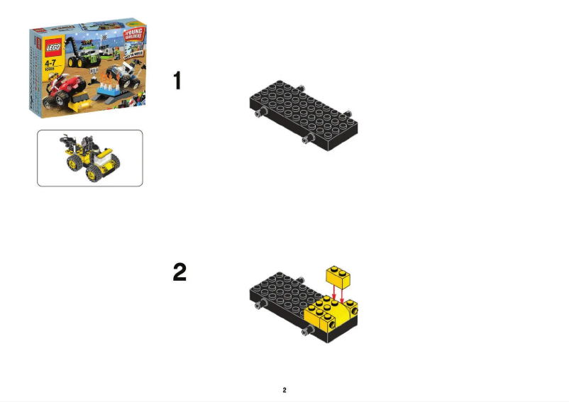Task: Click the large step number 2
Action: point(180,272)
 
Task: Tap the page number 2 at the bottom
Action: point(284,390)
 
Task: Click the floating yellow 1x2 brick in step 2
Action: point(338,275)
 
